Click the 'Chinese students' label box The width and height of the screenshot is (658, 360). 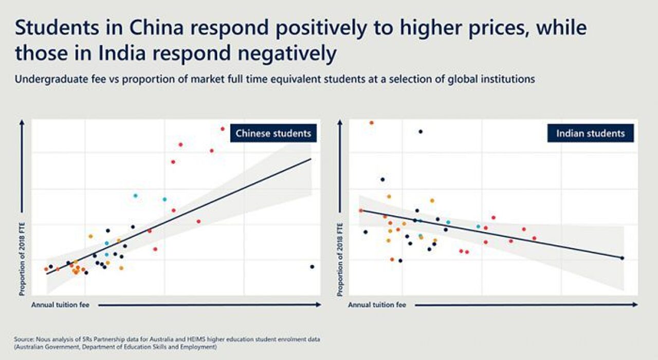[x=273, y=134]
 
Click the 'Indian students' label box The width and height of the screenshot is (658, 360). [x=590, y=134]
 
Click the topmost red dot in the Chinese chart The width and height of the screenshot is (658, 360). [x=223, y=129]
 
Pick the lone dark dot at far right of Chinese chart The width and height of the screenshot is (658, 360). [x=312, y=266]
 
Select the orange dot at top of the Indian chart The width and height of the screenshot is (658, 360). [x=372, y=122]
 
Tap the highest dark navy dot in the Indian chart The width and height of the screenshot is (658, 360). [x=421, y=132]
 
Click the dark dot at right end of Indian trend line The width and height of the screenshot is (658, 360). [x=622, y=258]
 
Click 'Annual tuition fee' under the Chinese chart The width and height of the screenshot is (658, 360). [x=60, y=305]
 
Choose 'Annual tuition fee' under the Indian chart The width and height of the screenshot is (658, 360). [x=377, y=305]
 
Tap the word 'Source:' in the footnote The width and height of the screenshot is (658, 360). [x=24, y=339]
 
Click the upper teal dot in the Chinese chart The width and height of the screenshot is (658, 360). [x=135, y=195]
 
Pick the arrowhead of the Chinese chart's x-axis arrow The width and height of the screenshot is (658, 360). [x=319, y=305]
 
